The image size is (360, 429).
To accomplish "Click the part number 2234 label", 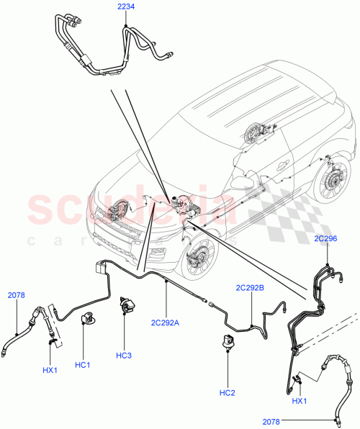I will (x=126, y=7).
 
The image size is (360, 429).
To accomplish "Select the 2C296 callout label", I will (x=325, y=238).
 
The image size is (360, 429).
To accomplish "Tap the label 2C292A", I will (x=166, y=322).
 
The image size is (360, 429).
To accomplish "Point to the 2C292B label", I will (x=250, y=288).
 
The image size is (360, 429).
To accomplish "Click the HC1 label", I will (x=83, y=365).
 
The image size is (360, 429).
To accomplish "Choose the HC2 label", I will (x=227, y=392).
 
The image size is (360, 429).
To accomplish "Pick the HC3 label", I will (x=124, y=356).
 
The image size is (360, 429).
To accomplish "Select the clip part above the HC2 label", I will (x=228, y=341).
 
